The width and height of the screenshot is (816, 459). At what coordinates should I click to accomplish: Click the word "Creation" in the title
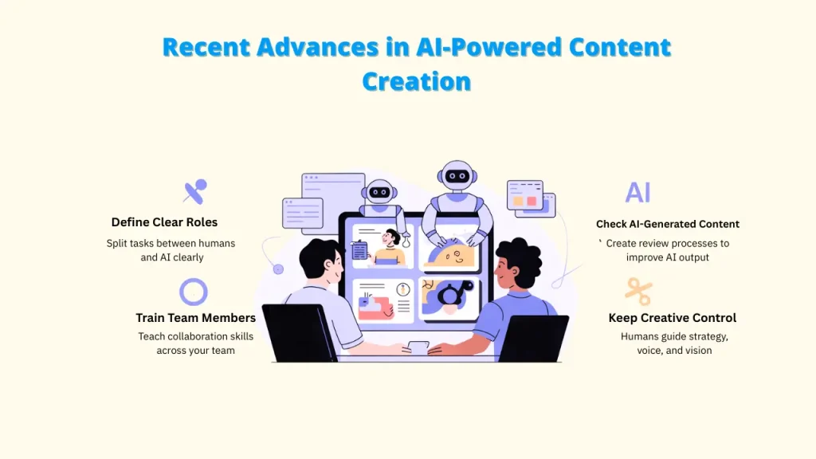[x=416, y=80]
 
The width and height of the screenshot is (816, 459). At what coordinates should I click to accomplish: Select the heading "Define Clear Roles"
[x=164, y=222]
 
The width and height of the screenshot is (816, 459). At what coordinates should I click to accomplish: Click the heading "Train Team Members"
[x=195, y=318]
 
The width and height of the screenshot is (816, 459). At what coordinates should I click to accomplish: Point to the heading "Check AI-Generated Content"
[x=667, y=224]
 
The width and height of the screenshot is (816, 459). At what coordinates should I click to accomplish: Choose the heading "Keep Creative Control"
[x=672, y=318]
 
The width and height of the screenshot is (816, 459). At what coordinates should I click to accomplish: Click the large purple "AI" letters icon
[x=637, y=192]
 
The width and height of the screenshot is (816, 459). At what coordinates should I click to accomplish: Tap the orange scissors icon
[x=637, y=291]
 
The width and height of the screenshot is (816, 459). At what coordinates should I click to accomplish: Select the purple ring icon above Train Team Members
[x=194, y=292]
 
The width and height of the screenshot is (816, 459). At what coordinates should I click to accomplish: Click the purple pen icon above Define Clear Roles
[x=194, y=191]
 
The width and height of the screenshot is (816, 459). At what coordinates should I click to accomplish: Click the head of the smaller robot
[x=380, y=191]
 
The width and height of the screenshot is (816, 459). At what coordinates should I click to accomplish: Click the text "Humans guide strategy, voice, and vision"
[x=674, y=343]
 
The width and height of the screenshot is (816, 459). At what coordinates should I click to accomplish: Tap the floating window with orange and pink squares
[x=526, y=196]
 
